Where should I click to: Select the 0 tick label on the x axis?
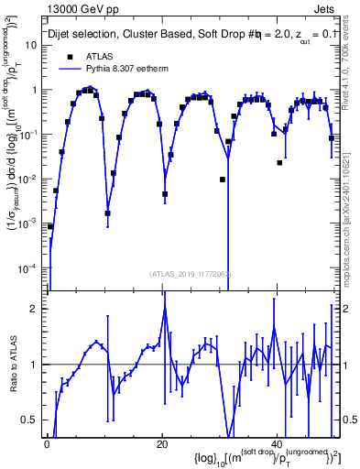pyautogui.click(x=47, y=443)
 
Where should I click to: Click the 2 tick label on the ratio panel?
pyautogui.click(x=37, y=309)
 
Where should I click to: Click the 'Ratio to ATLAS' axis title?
pyautogui.click(x=13, y=364)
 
